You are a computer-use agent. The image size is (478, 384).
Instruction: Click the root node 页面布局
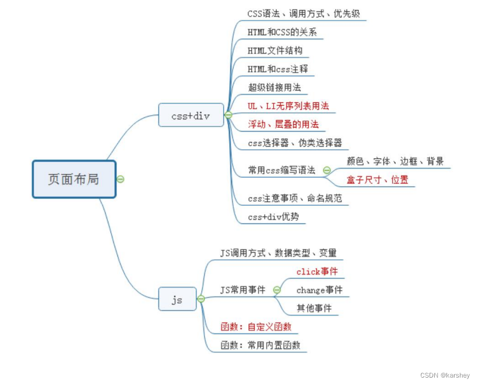coord(74,179)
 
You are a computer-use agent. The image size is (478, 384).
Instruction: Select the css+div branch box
coord(191,115)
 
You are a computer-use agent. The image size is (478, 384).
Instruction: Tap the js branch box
coord(177,299)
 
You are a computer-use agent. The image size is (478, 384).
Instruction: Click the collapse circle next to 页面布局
coord(121,179)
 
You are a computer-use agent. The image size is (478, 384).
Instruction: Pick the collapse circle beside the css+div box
coord(228,115)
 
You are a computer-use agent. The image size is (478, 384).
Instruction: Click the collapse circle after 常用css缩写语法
coord(326,171)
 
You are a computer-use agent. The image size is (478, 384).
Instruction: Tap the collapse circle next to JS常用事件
coord(277,290)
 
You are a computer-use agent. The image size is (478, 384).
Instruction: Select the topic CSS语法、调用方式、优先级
coord(304,14)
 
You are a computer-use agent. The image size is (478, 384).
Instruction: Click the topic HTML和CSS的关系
coord(282,32)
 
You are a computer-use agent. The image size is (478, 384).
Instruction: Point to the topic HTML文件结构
coord(275,51)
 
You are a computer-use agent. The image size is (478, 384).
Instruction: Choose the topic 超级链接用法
coord(275,87)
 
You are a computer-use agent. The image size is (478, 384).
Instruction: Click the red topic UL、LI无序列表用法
coord(289,106)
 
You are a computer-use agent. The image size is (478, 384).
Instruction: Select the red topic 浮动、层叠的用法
coord(283,124)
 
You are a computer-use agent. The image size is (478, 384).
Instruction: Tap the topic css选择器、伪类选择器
coord(295,143)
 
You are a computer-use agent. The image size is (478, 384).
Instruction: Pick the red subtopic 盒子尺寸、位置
coord(377,180)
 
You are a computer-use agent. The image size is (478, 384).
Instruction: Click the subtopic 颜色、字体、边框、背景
coord(395,162)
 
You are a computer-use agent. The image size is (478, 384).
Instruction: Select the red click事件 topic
coord(317,271)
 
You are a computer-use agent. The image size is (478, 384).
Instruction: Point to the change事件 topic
coord(320,290)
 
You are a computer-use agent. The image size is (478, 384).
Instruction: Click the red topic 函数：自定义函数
coord(256,327)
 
